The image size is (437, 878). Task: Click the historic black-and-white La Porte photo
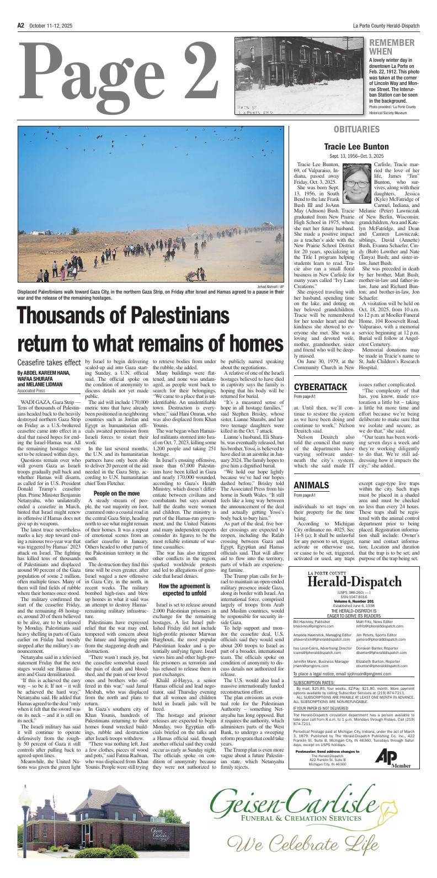click(300, 76)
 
